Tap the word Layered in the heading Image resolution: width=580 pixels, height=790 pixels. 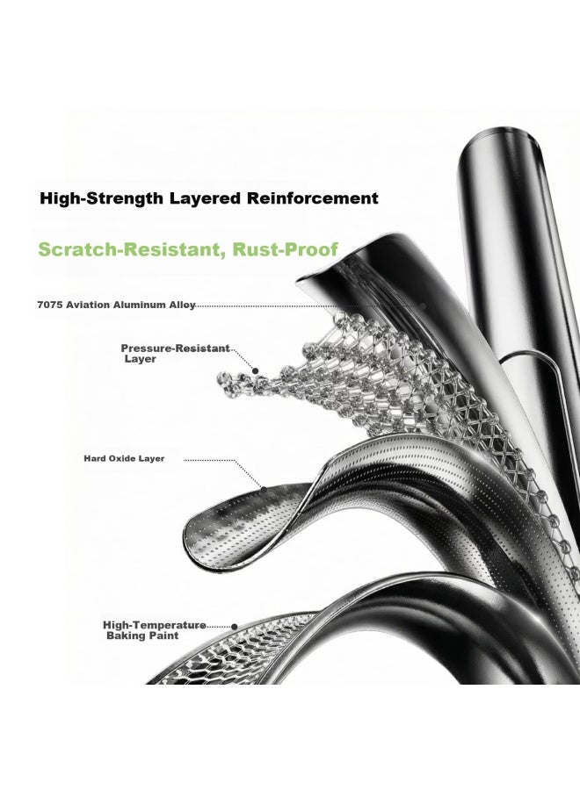(205, 198)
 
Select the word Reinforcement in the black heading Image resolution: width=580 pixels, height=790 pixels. (312, 198)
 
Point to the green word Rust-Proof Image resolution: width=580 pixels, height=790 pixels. (285, 249)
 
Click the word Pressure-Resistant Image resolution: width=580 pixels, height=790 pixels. (175, 348)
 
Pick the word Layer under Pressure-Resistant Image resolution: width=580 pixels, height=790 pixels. (141, 359)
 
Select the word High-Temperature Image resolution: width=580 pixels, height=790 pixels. (155, 625)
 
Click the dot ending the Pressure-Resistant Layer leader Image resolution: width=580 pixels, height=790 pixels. (256, 370)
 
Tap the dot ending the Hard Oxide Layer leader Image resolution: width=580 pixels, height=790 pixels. (264, 488)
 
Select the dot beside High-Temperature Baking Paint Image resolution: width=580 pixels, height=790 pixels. (235, 627)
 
